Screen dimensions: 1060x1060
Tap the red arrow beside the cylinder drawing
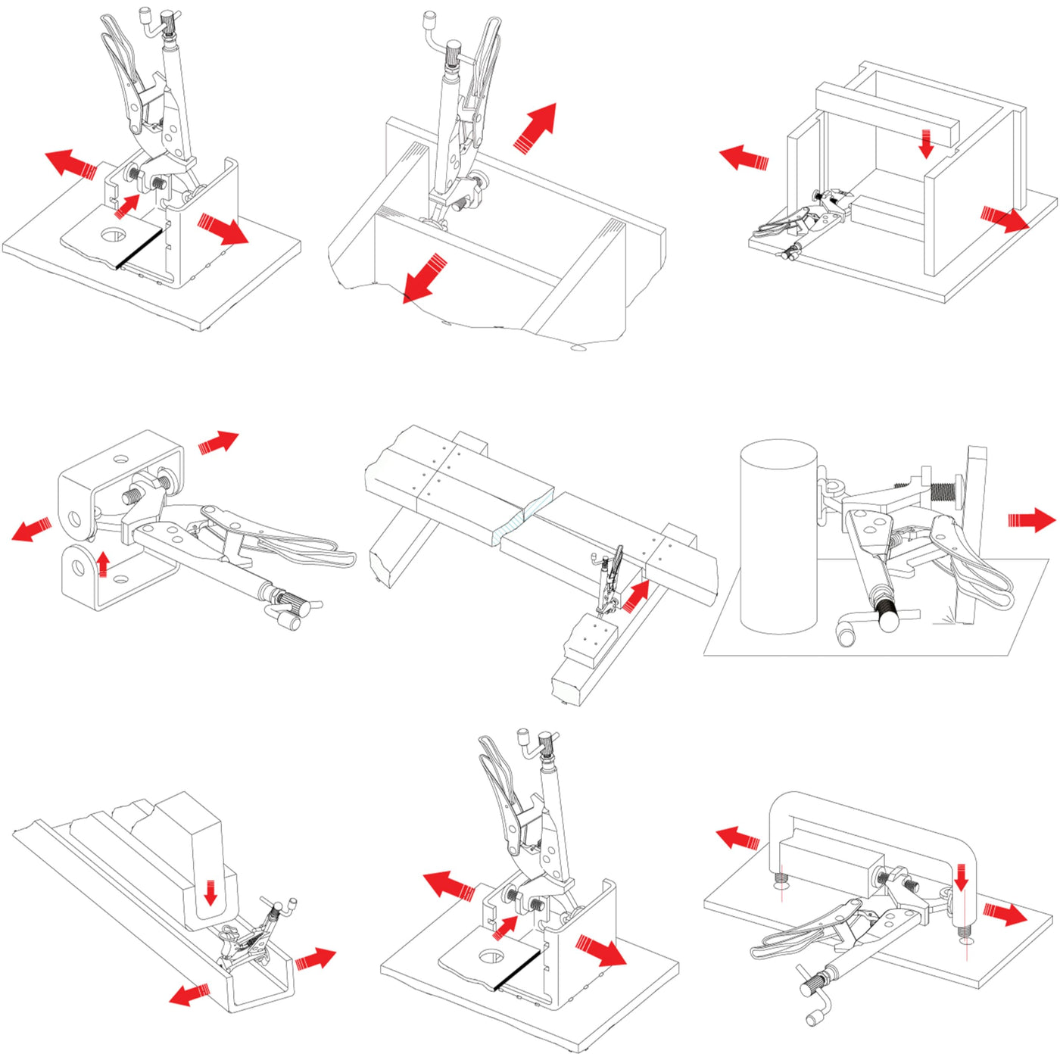[x=1031, y=520]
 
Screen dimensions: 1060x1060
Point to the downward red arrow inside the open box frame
[x=926, y=143]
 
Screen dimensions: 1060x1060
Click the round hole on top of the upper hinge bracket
[x=120, y=459]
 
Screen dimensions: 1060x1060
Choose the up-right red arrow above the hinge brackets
[x=219, y=441]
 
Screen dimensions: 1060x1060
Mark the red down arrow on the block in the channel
[x=210, y=893]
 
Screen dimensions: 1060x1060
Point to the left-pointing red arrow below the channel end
[x=189, y=994]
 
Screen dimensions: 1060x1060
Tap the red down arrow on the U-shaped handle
[x=961, y=878]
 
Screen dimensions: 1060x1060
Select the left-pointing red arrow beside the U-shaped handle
[x=738, y=838]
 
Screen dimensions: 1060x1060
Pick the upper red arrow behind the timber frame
[x=536, y=126]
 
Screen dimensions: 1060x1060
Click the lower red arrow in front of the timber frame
[x=424, y=279]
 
